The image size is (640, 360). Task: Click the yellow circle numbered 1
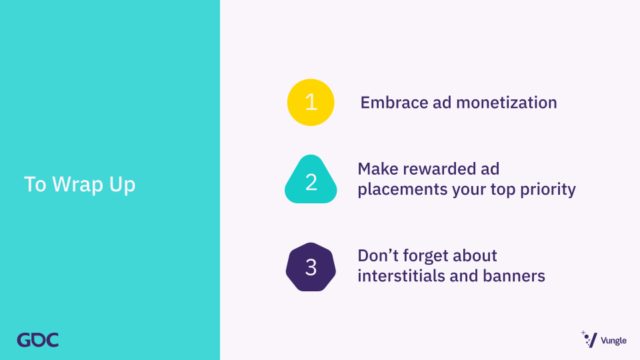(311, 102)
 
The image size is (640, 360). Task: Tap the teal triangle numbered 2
(311, 179)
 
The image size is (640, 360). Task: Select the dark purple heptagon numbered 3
(311, 267)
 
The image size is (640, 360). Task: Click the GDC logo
(37, 340)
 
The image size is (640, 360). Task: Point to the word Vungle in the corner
(613, 341)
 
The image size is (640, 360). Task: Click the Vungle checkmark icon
(589, 339)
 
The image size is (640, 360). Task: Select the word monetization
(507, 103)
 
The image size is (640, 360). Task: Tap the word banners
(514, 276)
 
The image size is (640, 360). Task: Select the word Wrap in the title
(77, 185)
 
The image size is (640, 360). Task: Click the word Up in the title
(122, 185)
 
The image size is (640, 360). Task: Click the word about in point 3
(477, 256)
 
